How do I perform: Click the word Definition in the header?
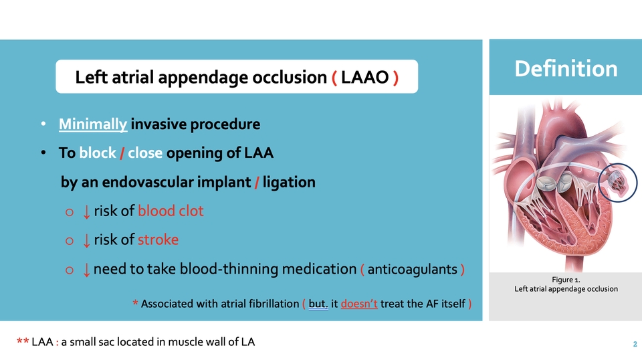pyautogui.click(x=565, y=68)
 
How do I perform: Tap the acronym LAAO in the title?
pyautogui.click(x=364, y=78)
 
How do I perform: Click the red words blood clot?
pyautogui.click(x=171, y=211)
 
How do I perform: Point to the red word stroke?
pyautogui.click(x=158, y=240)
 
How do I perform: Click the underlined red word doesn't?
pyautogui.click(x=360, y=304)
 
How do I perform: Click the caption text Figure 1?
pyautogui.click(x=565, y=278)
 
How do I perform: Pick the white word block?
pyautogui.click(x=97, y=153)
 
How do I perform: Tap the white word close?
pyautogui.click(x=145, y=153)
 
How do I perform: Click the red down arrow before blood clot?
pyautogui.click(x=86, y=211)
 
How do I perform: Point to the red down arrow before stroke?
pyautogui.click(x=86, y=240)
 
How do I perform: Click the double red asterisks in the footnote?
pyautogui.click(x=22, y=343)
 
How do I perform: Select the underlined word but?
pyautogui.click(x=318, y=304)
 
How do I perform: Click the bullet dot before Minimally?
pyautogui.click(x=43, y=124)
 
